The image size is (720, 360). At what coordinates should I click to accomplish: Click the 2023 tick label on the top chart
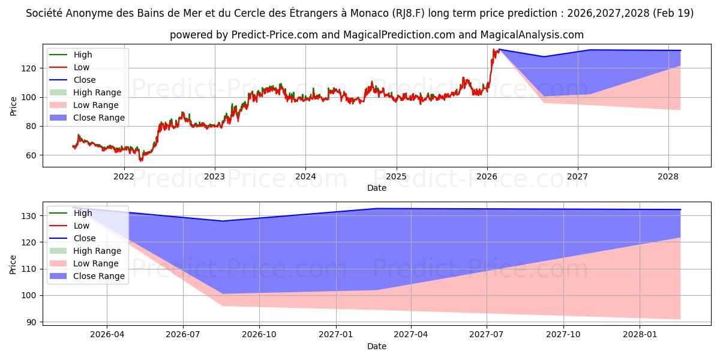tap(215, 176)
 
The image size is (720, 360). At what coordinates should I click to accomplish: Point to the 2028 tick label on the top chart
tap(668, 176)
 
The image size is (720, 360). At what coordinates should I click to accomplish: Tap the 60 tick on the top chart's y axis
tap(31, 155)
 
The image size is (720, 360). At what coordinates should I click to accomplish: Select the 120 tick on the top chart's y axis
tap(29, 68)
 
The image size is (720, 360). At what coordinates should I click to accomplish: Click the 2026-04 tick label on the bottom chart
tap(107, 335)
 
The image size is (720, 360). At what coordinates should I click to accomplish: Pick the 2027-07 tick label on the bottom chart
tap(487, 335)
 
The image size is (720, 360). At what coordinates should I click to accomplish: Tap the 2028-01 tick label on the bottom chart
tap(640, 335)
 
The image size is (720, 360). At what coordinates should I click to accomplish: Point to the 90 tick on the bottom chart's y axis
tap(31, 322)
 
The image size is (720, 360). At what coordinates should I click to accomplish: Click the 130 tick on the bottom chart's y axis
tap(29, 216)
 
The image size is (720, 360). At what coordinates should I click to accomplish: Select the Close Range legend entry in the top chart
tap(87, 118)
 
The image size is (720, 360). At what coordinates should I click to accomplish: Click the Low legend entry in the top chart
tap(69, 67)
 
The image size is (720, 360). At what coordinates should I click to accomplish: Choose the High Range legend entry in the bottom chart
tap(85, 251)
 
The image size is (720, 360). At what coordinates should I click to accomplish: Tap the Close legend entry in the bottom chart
tap(73, 238)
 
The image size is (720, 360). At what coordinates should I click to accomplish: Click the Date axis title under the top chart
tap(377, 188)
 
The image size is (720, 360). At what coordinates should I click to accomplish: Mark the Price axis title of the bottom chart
tap(13, 265)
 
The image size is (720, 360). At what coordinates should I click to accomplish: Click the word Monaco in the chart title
tap(370, 13)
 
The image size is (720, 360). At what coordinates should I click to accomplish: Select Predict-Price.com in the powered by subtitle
tap(275, 35)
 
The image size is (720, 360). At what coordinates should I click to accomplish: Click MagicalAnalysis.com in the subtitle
tap(532, 35)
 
